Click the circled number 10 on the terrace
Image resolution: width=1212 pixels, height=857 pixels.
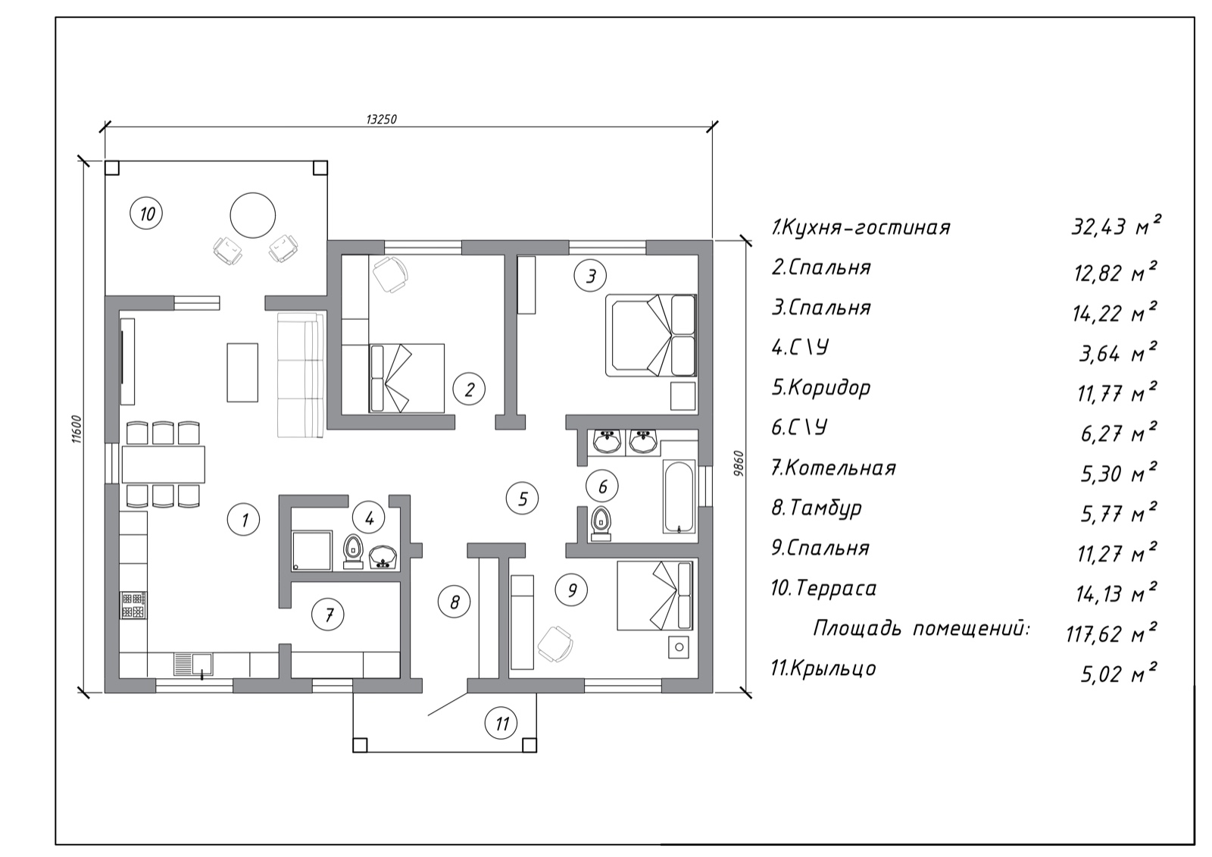click(146, 214)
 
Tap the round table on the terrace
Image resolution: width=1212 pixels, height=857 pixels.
click(253, 215)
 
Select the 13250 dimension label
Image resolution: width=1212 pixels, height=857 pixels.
click(382, 119)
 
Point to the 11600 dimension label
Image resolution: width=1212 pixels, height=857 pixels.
click(77, 430)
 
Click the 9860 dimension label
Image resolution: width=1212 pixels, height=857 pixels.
click(739, 464)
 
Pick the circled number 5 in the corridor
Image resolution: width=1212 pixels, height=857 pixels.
click(522, 499)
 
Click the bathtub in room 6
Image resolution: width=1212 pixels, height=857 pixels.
click(679, 496)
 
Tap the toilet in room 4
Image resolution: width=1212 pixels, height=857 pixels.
click(353, 552)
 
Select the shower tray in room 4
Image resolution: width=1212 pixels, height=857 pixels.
click(311, 551)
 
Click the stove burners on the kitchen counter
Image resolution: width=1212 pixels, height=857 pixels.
click(133, 605)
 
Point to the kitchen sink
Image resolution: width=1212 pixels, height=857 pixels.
click(194, 665)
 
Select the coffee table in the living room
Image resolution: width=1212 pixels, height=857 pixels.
click(242, 373)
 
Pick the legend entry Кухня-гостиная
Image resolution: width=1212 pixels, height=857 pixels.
click(861, 227)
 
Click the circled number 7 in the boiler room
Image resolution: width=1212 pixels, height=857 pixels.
click(328, 614)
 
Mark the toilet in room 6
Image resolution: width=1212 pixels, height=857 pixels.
click(601, 524)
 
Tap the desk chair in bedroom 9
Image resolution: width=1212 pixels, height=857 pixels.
click(556, 644)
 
